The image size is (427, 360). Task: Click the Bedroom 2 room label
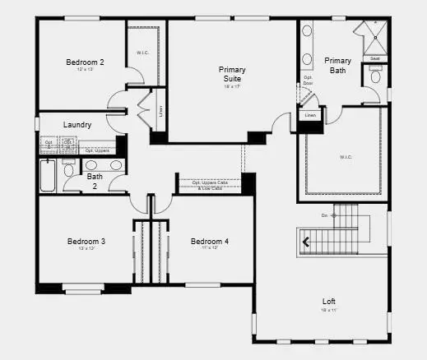click(x=85, y=62)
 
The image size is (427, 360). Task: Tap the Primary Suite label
click(x=232, y=75)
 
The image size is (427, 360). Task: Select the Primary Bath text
click(x=337, y=66)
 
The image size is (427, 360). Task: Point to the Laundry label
click(x=77, y=125)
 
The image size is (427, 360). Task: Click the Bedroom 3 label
click(x=86, y=241)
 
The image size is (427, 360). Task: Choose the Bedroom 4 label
click(x=210, y=241)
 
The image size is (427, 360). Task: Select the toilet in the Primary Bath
click(x=375, y=77)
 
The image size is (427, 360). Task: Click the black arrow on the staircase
click(x=307, y=242)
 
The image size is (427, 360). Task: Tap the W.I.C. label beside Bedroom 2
click(x=142, y=53)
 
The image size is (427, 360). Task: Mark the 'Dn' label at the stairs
click(x=324, y=216)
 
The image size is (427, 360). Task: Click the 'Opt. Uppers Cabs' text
click(x=210, y=182)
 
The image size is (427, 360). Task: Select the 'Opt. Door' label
click(x=308, y=81)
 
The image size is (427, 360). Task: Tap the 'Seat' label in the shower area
click(x=374, y=58)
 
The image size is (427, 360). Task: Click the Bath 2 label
click(x=95, y=180)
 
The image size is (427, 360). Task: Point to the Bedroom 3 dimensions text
click(x=86, y=249)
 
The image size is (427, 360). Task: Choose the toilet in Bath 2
click(x=69, y=171)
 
